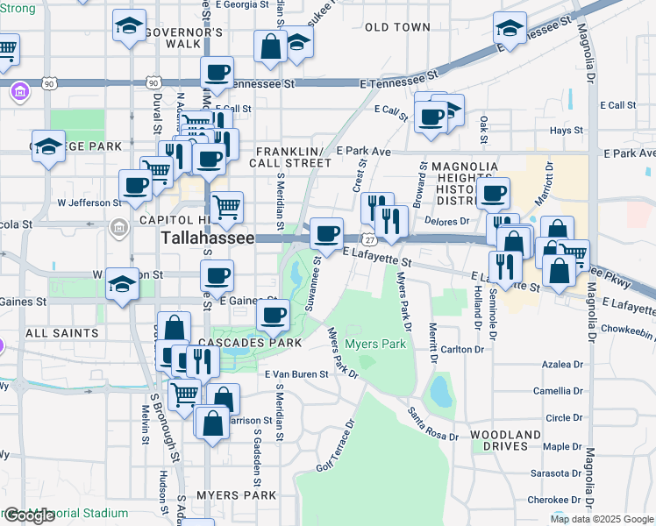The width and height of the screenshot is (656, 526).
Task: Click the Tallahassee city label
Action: [208, 238]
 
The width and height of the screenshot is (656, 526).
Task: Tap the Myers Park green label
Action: [376, 344]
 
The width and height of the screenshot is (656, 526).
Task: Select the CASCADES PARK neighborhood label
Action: [251, 342]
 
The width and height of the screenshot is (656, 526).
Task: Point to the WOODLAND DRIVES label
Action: [505, 441]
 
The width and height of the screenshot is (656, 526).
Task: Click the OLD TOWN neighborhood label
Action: [397, 27]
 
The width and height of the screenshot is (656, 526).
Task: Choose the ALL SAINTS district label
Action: [62, 333]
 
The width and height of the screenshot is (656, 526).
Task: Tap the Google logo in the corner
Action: [28, 515]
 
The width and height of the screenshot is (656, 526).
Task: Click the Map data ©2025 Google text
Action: [602, 519]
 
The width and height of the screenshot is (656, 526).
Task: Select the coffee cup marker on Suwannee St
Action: [326, 234]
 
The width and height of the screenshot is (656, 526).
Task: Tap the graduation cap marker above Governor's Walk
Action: [130, 26]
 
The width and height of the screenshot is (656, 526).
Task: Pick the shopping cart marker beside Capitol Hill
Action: [226, 208]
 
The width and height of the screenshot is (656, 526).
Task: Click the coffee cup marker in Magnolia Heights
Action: [493, 194]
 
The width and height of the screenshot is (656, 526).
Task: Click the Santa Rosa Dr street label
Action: [431, 424]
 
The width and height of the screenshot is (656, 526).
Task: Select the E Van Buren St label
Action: [296, 374]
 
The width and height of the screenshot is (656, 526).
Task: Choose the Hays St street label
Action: [566, 131]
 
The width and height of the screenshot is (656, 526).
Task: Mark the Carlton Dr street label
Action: [462, 349]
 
